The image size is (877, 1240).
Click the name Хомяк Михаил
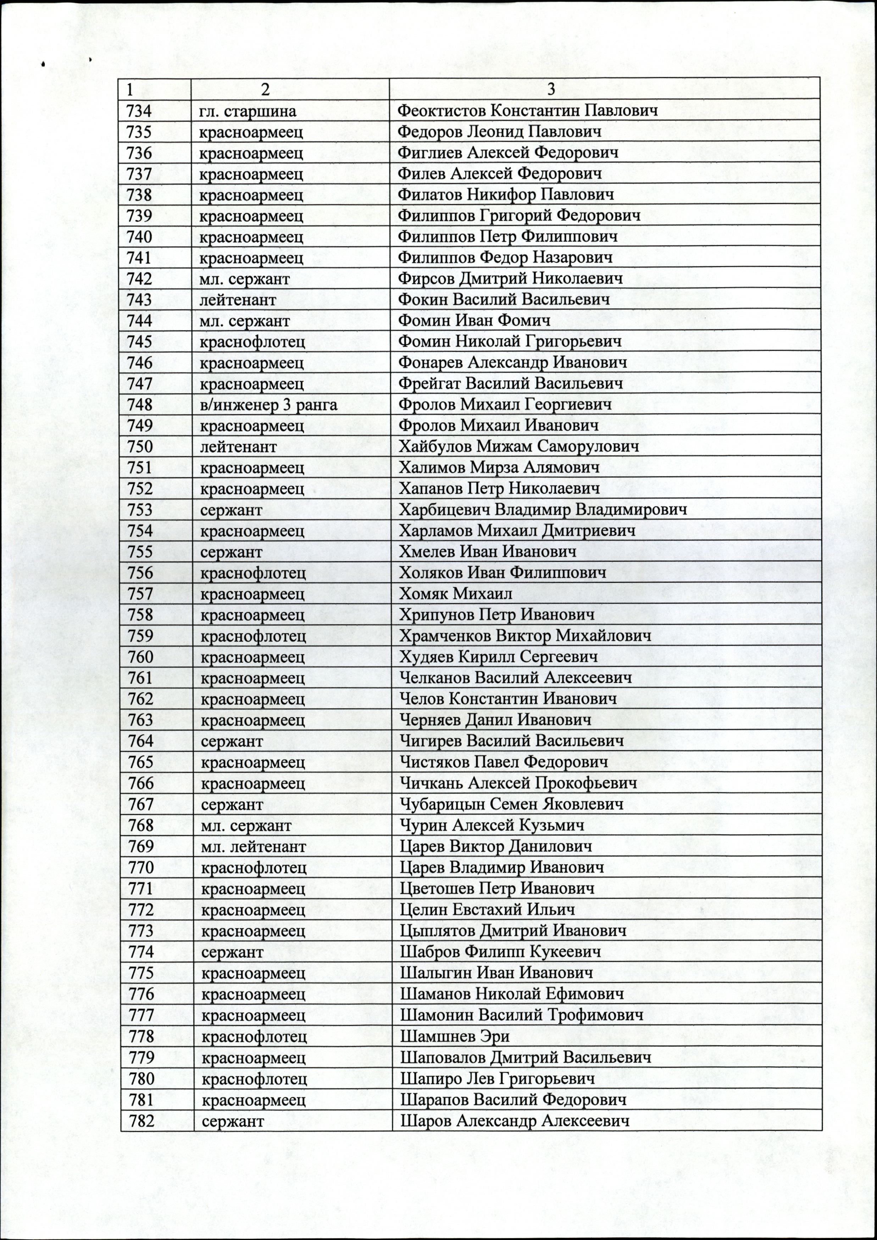pyautogui.click(x=455, y=594)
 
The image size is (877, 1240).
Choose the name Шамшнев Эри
pyautogui.click(x=454, y=1037)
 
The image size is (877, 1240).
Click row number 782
pyautogui.click(x=141, y=1121)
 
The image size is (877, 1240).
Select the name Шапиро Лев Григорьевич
pyautogui.click(x=497, y=1079)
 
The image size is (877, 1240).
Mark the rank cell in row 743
pyautogui.click(x=238, y=300)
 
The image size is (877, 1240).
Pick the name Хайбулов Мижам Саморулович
pyautogui.click(x=518, y=447)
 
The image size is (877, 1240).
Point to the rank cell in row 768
pyautogui.click(x=246, y=825)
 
